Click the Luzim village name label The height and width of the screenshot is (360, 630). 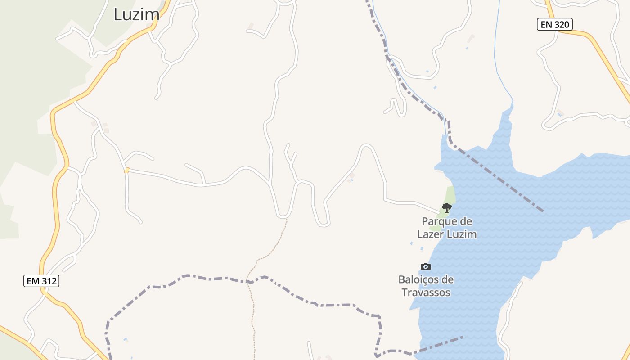point(136,14)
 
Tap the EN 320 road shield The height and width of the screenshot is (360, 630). point(554,24)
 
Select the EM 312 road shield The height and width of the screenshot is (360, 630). point(41,281)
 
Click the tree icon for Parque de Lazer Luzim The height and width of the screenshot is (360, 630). point(446,207)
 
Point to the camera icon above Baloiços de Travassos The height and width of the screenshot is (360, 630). point(425,266)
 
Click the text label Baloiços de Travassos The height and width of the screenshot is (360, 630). point(426,286)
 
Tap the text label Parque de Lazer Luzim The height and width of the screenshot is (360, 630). point(446,228)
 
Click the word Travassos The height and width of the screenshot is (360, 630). point(426,292)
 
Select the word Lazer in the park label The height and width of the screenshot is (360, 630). point(432,234)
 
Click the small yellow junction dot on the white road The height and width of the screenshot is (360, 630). point(127,170)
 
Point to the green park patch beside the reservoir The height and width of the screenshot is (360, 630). point(450,195)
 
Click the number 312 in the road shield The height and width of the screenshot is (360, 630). point(49,281)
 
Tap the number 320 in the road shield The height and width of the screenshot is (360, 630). point(562,24)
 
